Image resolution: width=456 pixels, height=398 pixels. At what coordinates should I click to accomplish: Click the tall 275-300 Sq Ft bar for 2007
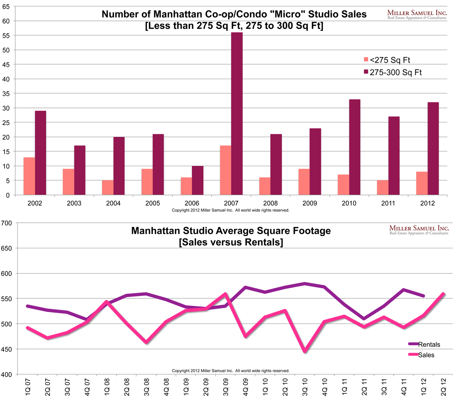[x=237, y=114]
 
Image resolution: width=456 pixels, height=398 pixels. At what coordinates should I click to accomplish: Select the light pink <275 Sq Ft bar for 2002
[x=29, y=176]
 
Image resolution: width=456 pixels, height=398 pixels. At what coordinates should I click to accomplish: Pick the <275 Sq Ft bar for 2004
[x=108, y=187]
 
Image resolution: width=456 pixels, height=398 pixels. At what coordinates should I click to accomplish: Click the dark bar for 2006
[x=198, y=181]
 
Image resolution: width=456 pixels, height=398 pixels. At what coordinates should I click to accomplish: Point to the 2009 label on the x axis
[x=310, y=203]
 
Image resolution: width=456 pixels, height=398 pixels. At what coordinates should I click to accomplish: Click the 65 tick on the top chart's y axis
[x=6, y=6]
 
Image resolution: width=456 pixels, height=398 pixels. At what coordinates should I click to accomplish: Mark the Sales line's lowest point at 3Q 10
[x=305, y=351]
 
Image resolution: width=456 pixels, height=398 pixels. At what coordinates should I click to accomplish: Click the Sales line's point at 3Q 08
[x=147, y=343]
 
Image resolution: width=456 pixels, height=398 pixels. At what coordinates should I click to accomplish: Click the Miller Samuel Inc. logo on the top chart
[x=416, y=15]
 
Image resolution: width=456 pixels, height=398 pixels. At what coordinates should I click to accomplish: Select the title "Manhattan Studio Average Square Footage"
[x=231, y=231]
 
